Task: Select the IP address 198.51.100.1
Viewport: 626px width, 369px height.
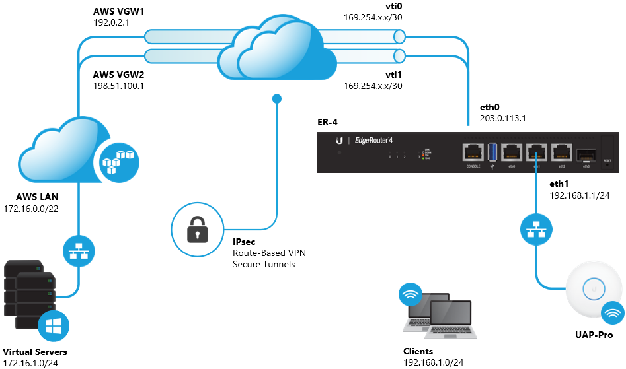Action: pyautogui.click(x=118, y=85)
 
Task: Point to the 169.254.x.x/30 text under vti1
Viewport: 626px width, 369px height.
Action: pyautogui.click(x=373, y=85)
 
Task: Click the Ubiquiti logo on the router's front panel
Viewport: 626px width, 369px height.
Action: pyautogui.click(x=339, y=141)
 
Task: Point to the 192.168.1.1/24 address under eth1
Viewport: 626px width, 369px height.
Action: pyautogui.click(x=580, y=195)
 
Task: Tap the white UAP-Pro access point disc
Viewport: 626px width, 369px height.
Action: pyautogui.click(x=594, y=288)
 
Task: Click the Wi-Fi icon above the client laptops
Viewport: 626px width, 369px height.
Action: pyautogui.click(x=411, y=294)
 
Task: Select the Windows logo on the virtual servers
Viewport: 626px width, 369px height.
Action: pyautogui.click(x=54, y=327)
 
